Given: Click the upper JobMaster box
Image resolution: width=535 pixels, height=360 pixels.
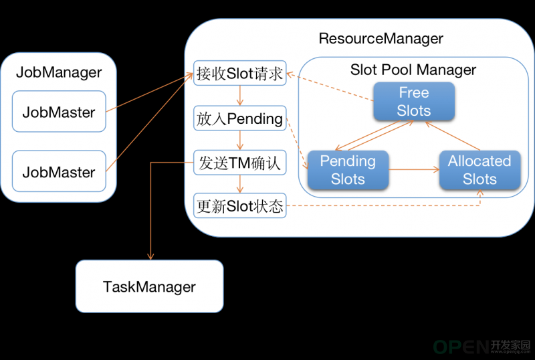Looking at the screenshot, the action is (x=59, y=111).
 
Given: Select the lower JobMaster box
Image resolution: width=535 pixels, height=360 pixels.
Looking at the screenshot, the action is (x=59, y=171).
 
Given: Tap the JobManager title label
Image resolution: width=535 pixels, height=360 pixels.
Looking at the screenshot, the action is (x=59, y=72).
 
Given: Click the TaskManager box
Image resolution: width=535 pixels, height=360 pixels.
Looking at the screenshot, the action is (x=149, y=286).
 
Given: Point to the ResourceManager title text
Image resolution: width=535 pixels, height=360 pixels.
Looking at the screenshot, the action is (x=381, y=39).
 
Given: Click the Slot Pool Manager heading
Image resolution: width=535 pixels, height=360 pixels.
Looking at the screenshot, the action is (x=413, y=70).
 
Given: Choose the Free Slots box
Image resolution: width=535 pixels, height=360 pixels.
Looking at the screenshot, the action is (x=414, y=102).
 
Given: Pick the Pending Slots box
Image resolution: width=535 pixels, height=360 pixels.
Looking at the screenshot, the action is (x=348, y=170).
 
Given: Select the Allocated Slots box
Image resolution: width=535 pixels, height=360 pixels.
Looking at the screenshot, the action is (x=479, y=170).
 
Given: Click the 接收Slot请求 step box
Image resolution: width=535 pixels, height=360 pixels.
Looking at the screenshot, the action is (x=240, y=73).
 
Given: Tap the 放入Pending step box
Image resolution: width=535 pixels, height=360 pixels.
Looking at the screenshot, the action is (x=240, y=118).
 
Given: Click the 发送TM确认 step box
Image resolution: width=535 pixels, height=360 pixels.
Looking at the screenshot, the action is (x=240, y=163).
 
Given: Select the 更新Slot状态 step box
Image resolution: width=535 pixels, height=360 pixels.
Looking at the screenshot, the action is (x=240, y=206).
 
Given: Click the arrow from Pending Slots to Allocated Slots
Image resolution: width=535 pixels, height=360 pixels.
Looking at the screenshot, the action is (x=414, y=169).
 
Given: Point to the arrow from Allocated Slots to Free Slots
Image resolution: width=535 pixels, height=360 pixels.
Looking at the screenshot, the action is (x=453, y=136).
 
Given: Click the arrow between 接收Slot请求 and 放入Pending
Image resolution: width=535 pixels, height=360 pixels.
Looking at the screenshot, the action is (x=240, y=96).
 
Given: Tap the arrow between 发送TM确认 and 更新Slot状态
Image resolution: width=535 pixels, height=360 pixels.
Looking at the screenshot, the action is (x=240, y=185).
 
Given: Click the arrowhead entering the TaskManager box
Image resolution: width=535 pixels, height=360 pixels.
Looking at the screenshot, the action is (x=150, y=256).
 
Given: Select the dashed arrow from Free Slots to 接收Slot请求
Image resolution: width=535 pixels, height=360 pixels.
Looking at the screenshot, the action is (x=330, y=87).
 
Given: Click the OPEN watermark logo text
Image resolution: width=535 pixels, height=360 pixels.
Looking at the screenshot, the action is (x=461, y=347).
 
